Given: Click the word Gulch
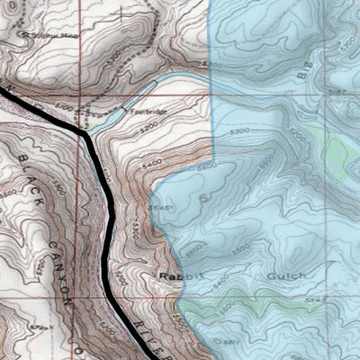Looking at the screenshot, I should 286,275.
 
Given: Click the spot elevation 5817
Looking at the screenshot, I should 204,343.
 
